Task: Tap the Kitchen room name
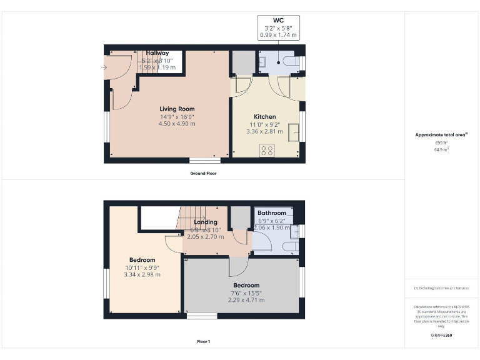(x=264, y=117)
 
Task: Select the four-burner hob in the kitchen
(x=267, y=150)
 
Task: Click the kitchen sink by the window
(x=293, y=132)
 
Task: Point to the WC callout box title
(x=278, y=20)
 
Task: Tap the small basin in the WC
(x=263, y=61)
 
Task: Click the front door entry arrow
(x=104, y=67)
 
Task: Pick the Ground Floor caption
(x=204, y=173)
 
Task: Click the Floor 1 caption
(x=204, y=342)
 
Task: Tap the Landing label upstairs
(x=206, y=222)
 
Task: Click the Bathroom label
(x=272, y=213)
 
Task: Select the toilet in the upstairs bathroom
(x=290, y=247)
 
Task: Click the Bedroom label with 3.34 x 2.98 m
(x=142, y=260)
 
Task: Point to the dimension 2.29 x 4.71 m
(x=246, y=300)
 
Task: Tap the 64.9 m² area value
(x=442, y=150)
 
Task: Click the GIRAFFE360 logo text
(x=442, y=336)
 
